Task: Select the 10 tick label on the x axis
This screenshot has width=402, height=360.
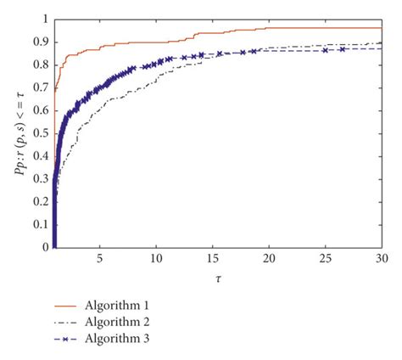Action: pos(156,258)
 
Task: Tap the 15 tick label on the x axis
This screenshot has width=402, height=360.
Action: pos(213,258)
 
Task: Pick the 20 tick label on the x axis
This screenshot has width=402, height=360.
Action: pos(269,258)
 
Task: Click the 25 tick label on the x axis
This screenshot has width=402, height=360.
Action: pos(326,258)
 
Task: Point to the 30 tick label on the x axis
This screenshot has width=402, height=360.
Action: pos(381,258)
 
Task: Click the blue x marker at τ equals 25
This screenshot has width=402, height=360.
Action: pos(326,49)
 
